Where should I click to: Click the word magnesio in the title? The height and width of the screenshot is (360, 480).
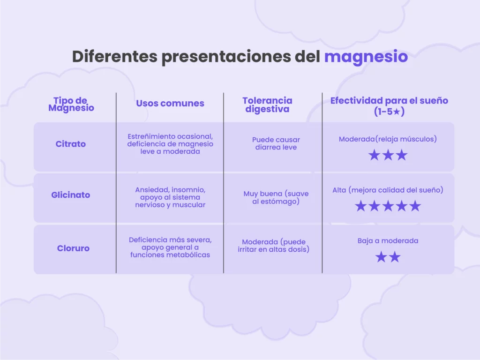pyautogui.click(x=366, y=57)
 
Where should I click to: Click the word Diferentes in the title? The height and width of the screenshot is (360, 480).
pyautogui.click(x=115, y=56)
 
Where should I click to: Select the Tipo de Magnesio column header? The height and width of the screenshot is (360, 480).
pyautogui.click(x=71, y=104)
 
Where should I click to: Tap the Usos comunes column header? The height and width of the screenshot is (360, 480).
pyautogui.click(x=170, y=104)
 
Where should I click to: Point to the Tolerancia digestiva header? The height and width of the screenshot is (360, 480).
pyautogui.click(x=267, y=105)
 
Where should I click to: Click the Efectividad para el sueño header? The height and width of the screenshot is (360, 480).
pyautogui.click(x=389, y=106)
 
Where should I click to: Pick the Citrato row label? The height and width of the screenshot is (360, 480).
pyautogui.click(x=70, y=144)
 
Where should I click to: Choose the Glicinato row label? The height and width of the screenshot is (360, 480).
pyautogui.click(x=70, y=195)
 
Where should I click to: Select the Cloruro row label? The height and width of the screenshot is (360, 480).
pyautogui.click(x=73, y=248)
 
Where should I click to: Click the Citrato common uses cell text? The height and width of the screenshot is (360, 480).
pyautogui.click(x=170, y=144)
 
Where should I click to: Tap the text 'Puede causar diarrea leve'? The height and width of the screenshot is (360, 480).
pyautogui.click(x=276, y=143)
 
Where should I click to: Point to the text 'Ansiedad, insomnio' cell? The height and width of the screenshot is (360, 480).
pyautogui.click(x=170, y=197)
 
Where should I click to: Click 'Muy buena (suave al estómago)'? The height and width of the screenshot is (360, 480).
pyautogui.click(x=276, y=197)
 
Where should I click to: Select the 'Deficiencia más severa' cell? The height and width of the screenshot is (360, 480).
pyautogui.click(x=170, y=247)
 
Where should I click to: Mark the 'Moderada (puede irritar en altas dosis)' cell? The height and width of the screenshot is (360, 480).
pyautogui.click(x=273, y=246)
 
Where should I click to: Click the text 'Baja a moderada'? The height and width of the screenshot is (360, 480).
pyautogui.click(x=388, y=240)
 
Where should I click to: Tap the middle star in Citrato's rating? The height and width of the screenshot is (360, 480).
pyautogui.click(x=388, y=155)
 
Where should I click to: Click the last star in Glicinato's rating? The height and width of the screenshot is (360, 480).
pyautogui.click(x=415, y=206)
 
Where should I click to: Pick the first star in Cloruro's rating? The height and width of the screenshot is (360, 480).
pyautogui.click(x=381, y=256)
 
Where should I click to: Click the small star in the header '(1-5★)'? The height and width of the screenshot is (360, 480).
pyautogui.click(x=397, y=112)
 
